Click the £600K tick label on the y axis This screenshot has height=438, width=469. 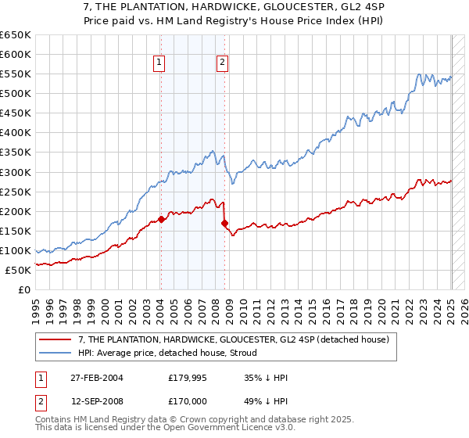pyautogui.click(x=16, y=54)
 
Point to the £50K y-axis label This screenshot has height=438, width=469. pyautogui.click(x=18, y=270)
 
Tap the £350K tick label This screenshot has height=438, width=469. pyautogui.click(x=16, y=152)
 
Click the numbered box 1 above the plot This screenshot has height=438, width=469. pyautogui.click(x=159, y=63)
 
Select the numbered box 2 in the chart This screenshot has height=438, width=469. pyautogui.click(x=223, y=63)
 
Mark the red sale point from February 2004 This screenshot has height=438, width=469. pyautogui.click(x=161, y=219)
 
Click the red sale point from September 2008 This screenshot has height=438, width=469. pyautogui.click(x=224, y=223)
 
